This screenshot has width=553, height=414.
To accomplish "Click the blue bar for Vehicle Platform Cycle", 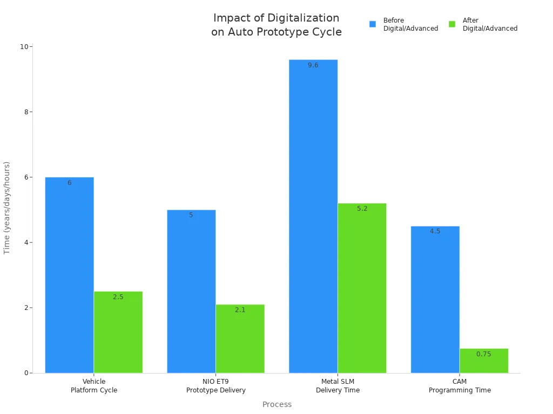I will (69, 275).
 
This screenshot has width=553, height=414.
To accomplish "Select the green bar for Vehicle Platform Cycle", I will (118, 332).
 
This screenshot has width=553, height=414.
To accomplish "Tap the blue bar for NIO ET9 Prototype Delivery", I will (191, 291).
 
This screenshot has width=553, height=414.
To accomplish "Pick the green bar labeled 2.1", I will (240, 339).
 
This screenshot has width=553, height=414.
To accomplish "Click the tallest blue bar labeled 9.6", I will (313, 216).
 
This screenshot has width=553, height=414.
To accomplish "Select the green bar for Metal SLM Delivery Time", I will (362, 288).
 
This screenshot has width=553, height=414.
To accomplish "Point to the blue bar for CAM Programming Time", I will (435, 299).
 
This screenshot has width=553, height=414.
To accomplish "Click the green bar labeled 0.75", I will (484, 361).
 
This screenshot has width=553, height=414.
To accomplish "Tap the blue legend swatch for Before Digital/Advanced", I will (373, 24).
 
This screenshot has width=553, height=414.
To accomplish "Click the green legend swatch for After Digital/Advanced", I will (452, 24).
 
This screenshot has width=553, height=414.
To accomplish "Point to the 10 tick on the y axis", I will (24, 47).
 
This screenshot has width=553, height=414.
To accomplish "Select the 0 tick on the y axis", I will (26, 373).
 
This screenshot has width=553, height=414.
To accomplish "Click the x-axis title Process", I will (277, 404).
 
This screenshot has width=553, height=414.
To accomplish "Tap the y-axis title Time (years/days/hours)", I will (7, 208).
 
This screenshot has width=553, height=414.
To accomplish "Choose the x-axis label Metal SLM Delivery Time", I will (338, 386).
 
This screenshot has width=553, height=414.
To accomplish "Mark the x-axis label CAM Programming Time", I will (460, 386).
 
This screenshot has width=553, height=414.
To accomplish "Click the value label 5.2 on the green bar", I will (362, 209).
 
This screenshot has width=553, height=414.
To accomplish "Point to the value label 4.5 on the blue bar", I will (435, 231).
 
